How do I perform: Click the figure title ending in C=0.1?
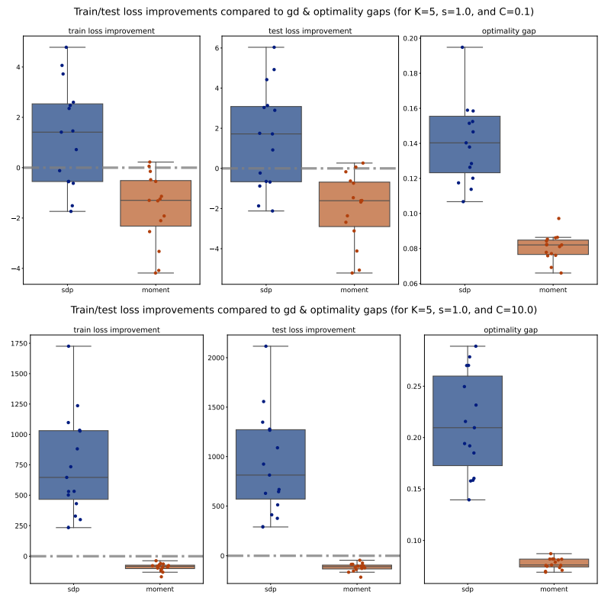304,12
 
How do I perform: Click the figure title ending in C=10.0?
304,310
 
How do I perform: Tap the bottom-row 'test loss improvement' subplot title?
313,330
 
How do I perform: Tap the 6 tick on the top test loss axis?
217,47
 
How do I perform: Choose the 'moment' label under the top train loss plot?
156,291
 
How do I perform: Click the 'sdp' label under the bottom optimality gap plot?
468,590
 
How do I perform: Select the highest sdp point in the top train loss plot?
66,47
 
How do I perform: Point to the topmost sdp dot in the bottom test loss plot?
265,346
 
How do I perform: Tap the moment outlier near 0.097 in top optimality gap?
558,219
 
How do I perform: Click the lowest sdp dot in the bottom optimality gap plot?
468,500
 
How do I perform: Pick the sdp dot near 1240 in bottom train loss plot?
78,406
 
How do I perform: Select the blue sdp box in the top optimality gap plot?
465,144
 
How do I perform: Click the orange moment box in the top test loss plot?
354,204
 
